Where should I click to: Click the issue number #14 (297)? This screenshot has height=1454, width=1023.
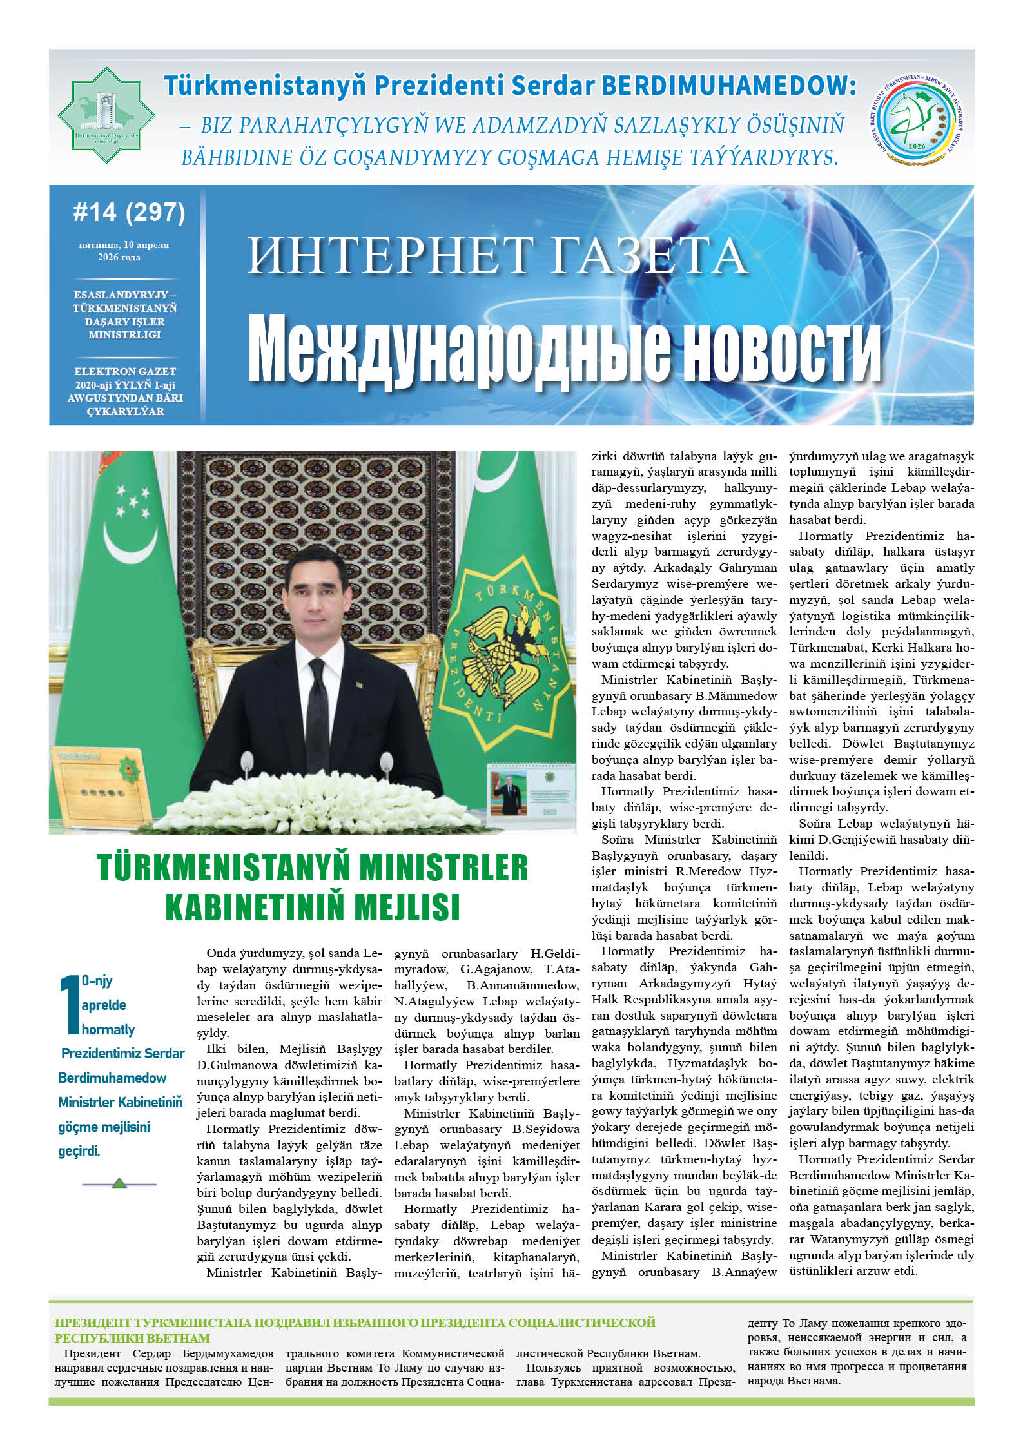point(129,212)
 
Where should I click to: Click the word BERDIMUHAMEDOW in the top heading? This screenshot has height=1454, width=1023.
point(728,86)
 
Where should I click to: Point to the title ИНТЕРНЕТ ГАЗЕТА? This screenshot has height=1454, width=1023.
point(496,256)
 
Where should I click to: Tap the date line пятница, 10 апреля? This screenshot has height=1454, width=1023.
point(124,245)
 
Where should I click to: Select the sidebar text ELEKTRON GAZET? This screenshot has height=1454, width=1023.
point(125,371)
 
